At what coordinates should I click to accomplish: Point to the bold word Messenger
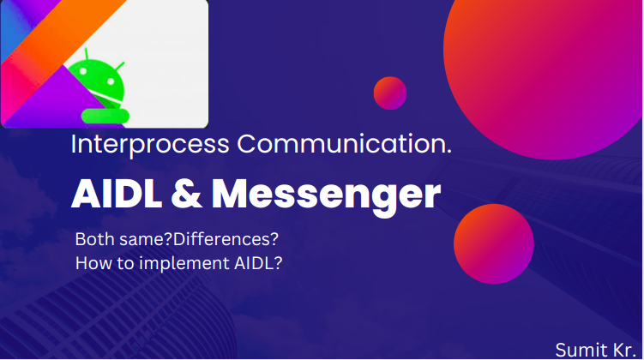[326, 197]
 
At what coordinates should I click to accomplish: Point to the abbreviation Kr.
[623, 349]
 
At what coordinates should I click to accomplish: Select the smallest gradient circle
[390, 93]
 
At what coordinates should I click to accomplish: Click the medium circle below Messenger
[494, 243]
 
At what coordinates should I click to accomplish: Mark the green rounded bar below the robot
[104, 113]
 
